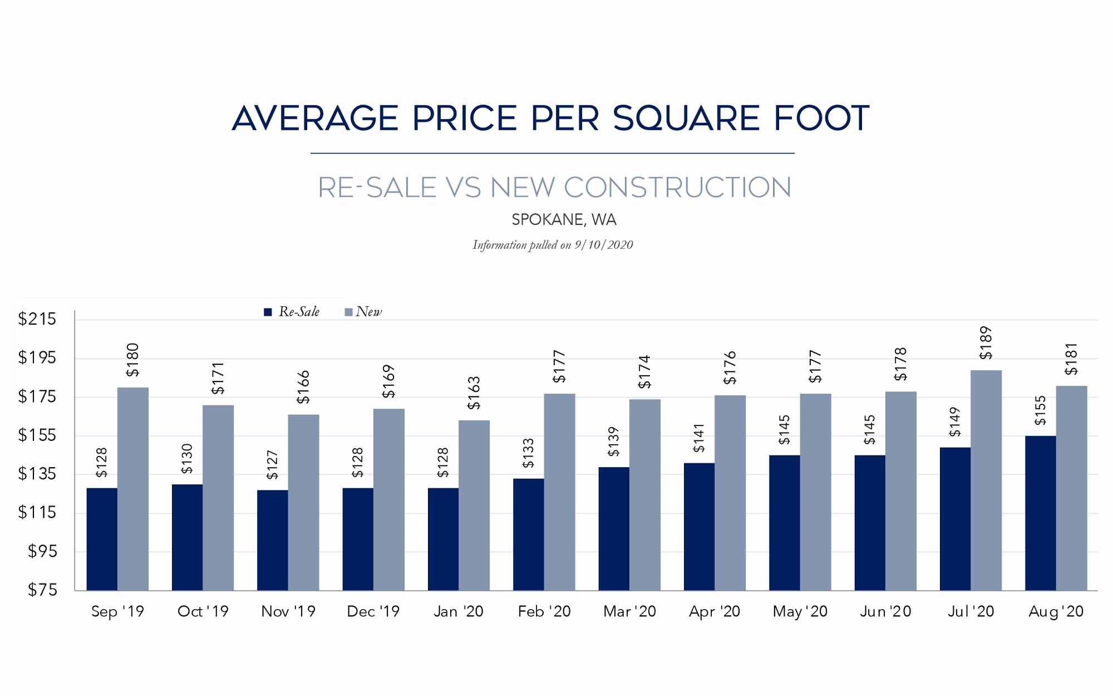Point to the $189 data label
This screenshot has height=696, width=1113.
(x=986, y=342)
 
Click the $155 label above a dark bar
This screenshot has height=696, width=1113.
(x=1040, y=410)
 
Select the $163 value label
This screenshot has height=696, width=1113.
(x=474, y=393)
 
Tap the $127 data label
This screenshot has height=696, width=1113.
(x=272, y=465)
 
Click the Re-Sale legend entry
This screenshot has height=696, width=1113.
(x=292, y=312)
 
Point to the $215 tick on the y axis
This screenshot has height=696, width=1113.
(x=37, y=319)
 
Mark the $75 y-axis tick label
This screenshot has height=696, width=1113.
(x=42, y=590)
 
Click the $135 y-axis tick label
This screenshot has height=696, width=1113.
(x=37, y=474)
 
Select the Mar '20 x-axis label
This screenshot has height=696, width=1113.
(x=629, y=611)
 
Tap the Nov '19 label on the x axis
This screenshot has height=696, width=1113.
(x=288, y=611)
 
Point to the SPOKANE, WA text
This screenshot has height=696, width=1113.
(x=564, y=220)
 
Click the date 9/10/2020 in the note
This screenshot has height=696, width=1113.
(x=604, y=245)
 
